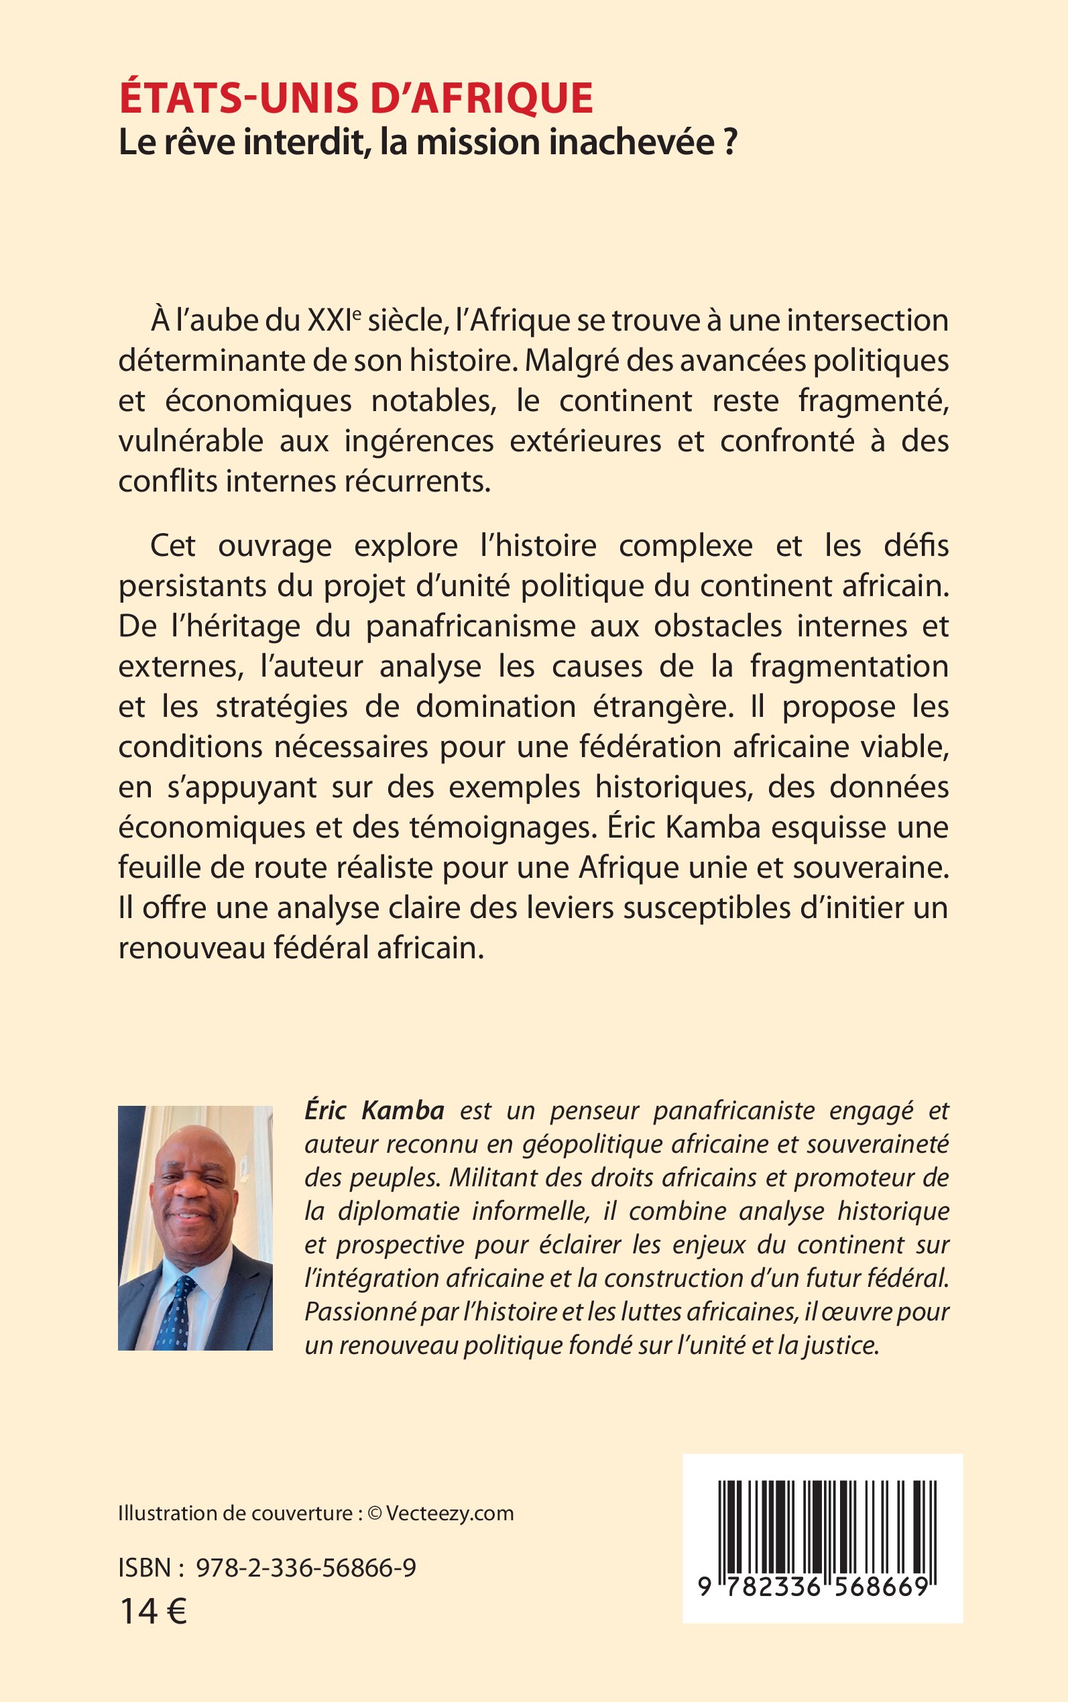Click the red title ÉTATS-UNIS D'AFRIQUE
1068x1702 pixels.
coord(356,98)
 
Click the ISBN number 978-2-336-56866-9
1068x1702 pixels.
coord(306,1568)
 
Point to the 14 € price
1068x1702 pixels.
coord(153,1612)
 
